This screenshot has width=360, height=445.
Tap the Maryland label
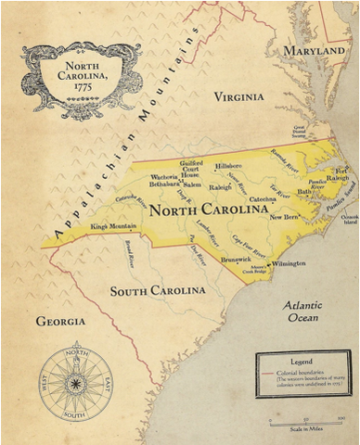pyautogui.click(x=315, y=49)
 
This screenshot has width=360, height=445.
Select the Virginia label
pyautogui.click(x=239, y=96)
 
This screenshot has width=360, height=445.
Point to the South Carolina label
pyautogui.click(x=158, y=292)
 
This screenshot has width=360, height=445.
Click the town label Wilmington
pyautogui.click(x=287, y=262)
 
